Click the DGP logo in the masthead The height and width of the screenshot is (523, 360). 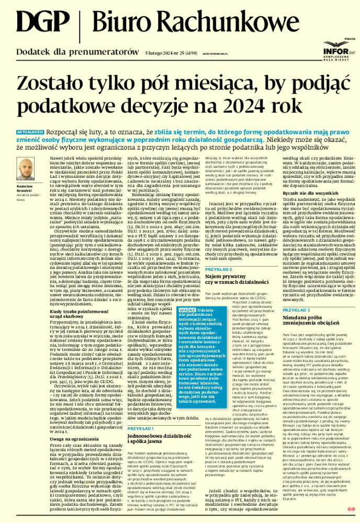tap(39, 23)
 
